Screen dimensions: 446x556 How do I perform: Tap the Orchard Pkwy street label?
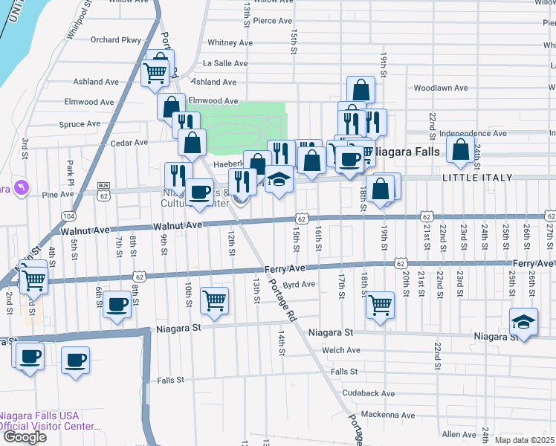(x=115, y=40)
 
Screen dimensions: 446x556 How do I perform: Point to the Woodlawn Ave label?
(x=441, y=88)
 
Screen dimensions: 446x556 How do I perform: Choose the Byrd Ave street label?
(x=300, y=284)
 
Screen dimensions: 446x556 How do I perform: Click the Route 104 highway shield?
(x=69, y=216)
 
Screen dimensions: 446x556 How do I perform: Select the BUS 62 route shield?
(x=103, y=190)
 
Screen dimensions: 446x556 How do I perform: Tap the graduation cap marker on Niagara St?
(x=524, y=321)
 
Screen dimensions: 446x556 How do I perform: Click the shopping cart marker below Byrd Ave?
(x=381, y=303)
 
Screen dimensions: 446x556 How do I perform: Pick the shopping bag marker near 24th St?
(x=461, y=149)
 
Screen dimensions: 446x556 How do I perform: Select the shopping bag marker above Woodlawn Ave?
(x=361, y=90)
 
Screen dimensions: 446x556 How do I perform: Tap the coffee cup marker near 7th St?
(x=117, y=304)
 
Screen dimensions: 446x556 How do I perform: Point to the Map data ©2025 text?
(x=524, y=440)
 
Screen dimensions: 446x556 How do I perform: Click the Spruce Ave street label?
(x=84, y=124)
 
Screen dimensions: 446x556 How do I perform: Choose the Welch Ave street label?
(x=341, y=350)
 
